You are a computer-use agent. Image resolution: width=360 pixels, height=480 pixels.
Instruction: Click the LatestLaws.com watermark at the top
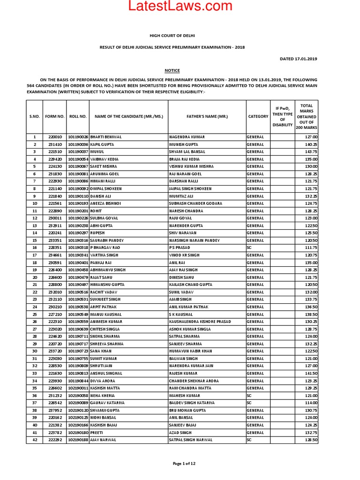click(x=180, y=7)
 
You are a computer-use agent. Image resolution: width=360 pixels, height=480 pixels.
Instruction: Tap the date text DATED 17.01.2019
click(x=299, y=59)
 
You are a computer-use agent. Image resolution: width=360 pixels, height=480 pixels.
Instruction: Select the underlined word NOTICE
click(x=172, y=70)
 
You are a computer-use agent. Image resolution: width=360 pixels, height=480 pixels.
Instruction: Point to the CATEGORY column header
click(x=258, y=116)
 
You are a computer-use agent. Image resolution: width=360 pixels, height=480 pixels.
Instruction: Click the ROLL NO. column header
click(x=78, y=116)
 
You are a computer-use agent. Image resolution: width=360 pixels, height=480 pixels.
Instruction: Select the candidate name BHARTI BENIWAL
click(x=106, y=137)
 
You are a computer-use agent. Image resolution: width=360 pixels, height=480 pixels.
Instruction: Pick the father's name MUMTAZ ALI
click(x=181, y=196)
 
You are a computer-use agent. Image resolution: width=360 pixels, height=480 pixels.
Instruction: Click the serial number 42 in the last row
click(x=35, y=440)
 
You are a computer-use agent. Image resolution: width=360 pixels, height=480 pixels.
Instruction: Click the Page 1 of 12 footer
click(x=180, y=464)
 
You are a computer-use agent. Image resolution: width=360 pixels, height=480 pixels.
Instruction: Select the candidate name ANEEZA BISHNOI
click(x=107, y=203)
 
